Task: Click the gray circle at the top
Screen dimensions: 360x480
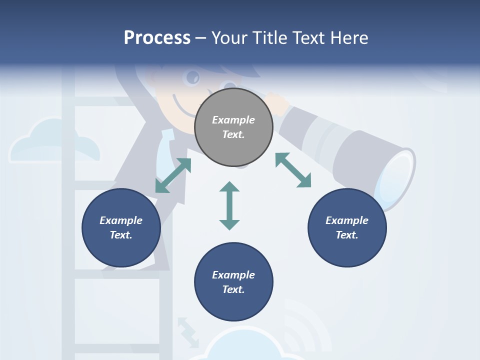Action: tap(233, 127)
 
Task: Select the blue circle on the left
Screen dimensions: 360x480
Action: tap(121, 227)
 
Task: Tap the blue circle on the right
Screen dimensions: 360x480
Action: tap(347, 227)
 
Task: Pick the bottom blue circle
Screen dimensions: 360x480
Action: tap(233, 282)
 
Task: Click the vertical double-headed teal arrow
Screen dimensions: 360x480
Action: tap(229, 205)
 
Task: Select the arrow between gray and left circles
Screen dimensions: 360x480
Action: tap(173, 175)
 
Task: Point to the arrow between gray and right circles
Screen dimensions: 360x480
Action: tap(293, 170)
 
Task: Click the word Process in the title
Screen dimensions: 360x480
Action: tap(157, 37)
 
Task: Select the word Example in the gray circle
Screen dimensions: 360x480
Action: tap(233, 120)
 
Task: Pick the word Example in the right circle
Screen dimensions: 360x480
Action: tap(347, 220)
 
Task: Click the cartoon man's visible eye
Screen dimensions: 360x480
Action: tap(193, 77)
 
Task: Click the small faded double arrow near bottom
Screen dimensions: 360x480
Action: tap(188, 331)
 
